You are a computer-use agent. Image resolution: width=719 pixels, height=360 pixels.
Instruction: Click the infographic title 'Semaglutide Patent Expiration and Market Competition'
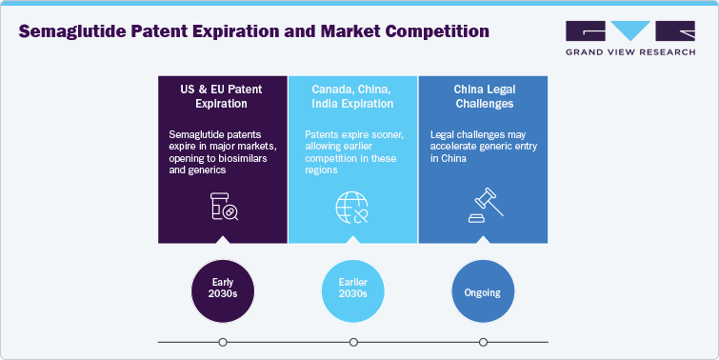pos(254,31)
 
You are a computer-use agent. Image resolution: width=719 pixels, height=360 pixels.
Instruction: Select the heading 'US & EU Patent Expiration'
pos(222,95)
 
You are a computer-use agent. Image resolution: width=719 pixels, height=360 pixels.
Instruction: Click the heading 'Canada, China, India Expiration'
pos(352,95)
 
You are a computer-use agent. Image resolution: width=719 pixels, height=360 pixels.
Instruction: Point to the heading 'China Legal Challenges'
pos(483,95)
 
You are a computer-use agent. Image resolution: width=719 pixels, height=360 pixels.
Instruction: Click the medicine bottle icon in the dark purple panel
pos(223,207)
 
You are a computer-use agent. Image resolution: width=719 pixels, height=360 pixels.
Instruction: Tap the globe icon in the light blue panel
pos(352,207)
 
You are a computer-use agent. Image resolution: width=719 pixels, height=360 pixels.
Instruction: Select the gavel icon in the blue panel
pos(483,207)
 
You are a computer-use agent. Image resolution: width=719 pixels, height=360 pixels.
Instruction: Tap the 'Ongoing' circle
pos(483,290)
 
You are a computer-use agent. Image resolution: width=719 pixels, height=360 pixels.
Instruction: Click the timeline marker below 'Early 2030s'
pos(223,342)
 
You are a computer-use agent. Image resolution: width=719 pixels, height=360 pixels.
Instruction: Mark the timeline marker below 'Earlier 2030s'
pos(353,342)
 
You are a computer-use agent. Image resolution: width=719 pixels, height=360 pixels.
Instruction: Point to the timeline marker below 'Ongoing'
pos(483,342)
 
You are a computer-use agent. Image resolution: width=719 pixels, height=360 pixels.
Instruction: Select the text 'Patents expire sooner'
pos(341,134)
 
